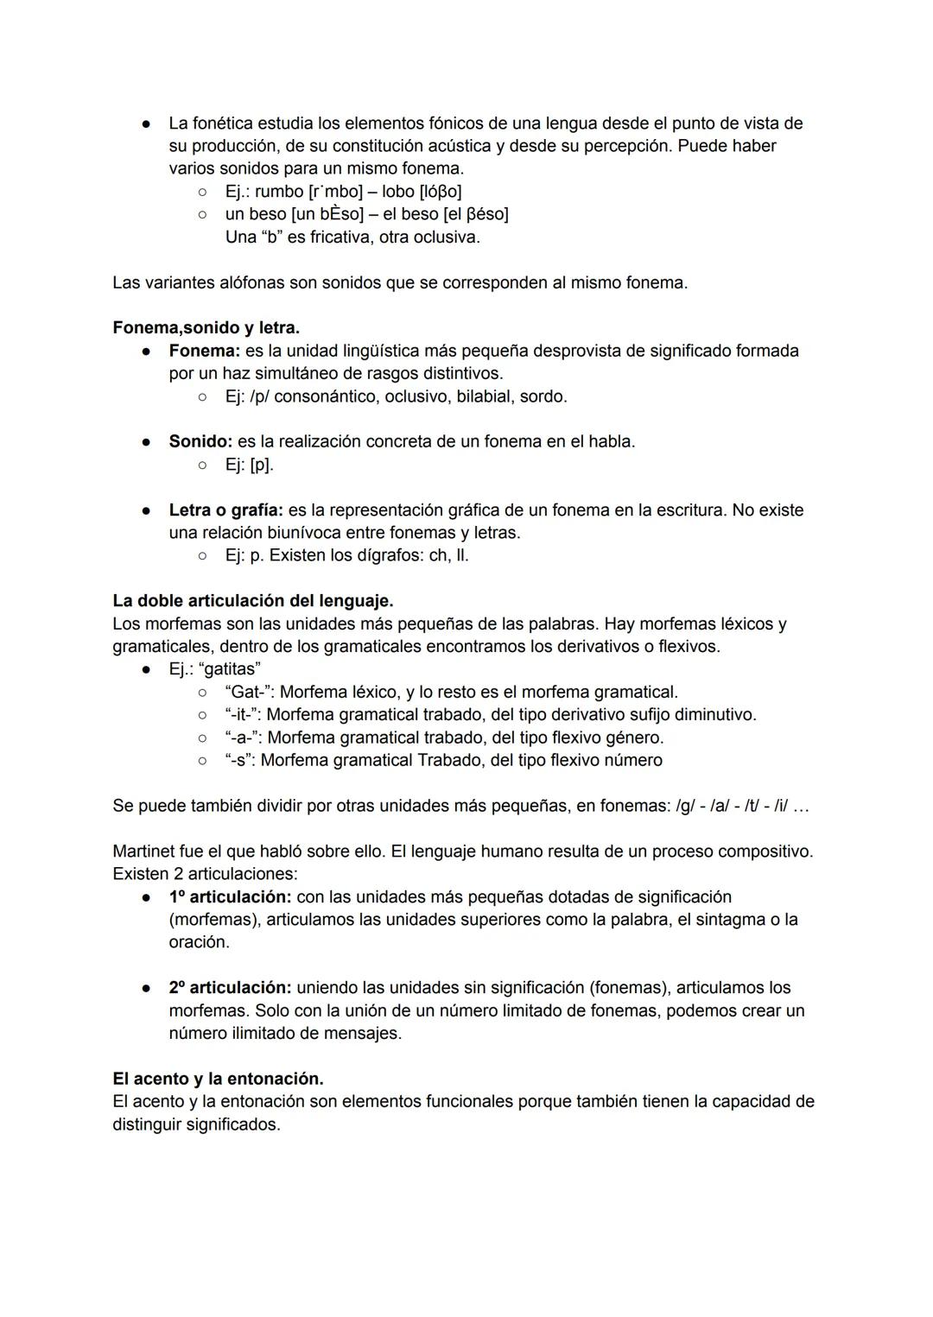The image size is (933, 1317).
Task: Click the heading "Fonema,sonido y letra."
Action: tap(206, 328)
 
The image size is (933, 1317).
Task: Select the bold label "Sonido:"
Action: tap(200, 441)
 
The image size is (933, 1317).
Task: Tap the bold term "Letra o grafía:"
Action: tap(225, 510)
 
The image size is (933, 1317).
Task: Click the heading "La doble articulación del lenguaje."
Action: tap(252, 600)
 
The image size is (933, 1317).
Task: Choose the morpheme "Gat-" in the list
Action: tap(249, 692)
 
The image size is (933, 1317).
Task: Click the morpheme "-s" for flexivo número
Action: tap(238, 760)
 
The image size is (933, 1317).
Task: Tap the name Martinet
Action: tap(146, 851)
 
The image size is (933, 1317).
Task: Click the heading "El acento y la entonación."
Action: tap(218, 1079)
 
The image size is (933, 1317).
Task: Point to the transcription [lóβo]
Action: tap(441, 191)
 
